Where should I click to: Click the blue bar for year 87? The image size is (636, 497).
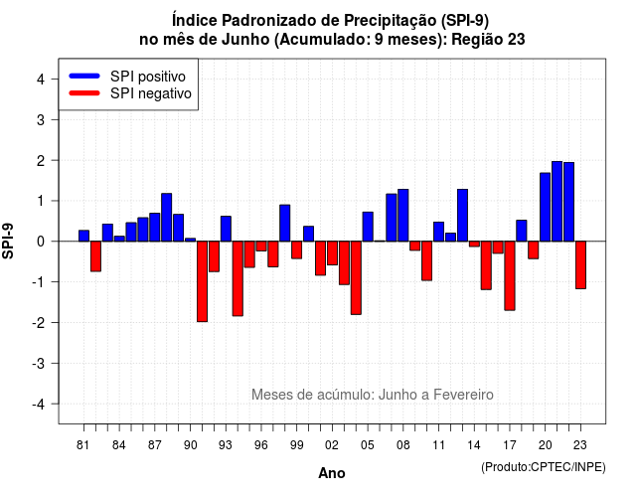click(155, 228)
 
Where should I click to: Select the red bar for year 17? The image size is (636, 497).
click(510, 276)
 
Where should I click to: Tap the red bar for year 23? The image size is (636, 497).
click(580, 265)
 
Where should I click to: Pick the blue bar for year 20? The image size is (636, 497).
click(546, 207)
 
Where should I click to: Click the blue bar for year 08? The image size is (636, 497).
click(403, 215)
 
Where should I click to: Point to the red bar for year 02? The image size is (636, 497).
click(332, 253)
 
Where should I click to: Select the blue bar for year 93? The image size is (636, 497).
click(226, 229)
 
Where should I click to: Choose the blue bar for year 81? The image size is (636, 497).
click(83, 236)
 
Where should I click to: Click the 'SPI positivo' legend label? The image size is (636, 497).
click(148, 77)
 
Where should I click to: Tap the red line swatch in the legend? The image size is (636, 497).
click(84, 93)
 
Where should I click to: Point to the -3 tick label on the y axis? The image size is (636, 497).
click(39, 363)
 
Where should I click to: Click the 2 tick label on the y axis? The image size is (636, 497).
click(41, 161)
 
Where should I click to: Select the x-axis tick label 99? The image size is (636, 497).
click(296, 445)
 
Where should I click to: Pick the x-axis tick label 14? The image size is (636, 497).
click(474, 445)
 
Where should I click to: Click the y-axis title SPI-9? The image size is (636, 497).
click(8, 241)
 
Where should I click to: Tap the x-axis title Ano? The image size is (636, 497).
click(332, 473)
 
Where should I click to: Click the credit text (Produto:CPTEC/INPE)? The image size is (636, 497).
click(544, 467)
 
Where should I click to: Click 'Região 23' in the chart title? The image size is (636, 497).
click(488, 40)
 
